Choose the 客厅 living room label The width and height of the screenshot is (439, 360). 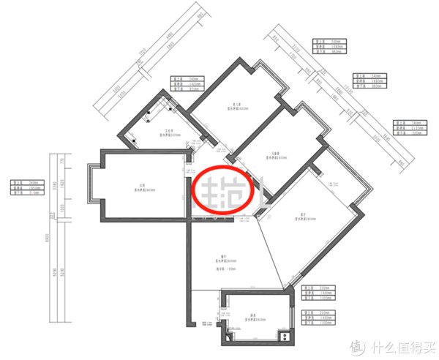point(302,214)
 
